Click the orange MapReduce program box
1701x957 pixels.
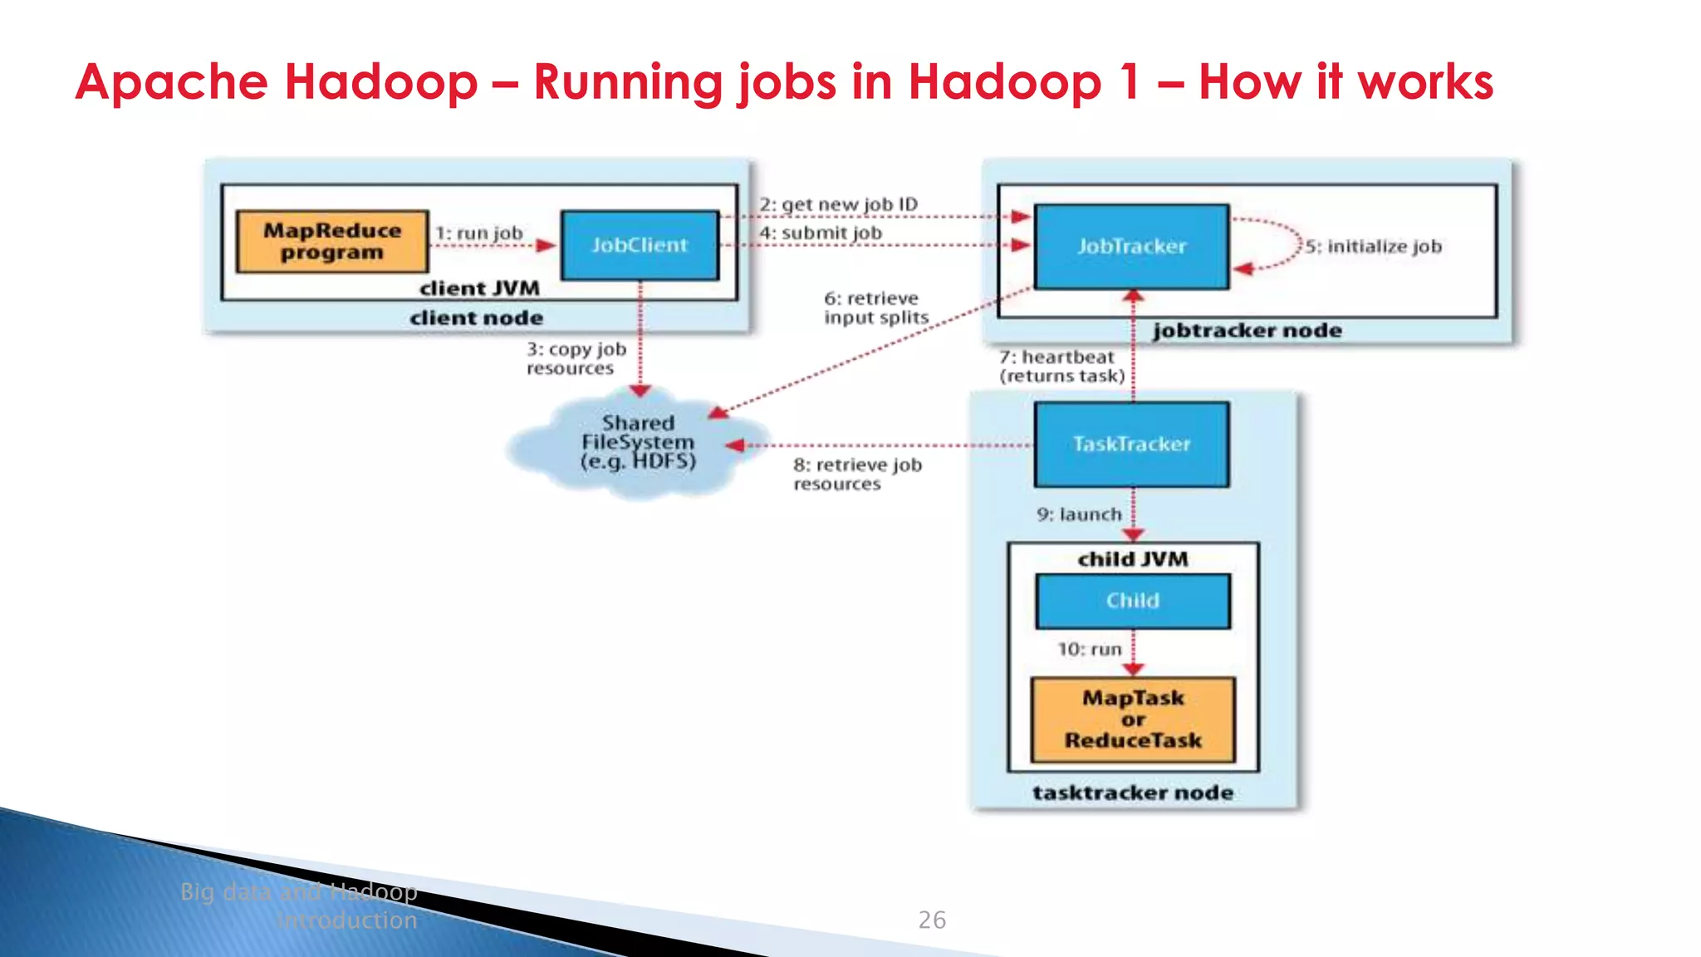332,242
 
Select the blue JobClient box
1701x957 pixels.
640,245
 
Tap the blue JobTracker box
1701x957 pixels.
1131,247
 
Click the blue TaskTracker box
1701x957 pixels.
1131,444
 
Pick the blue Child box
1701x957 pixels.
1132,601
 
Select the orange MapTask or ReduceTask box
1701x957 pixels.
1133,719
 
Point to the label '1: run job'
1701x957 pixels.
479,233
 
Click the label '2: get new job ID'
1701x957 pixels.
838,204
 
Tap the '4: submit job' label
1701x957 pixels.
821,233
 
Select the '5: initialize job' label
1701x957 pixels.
1373,247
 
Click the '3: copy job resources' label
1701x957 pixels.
576,359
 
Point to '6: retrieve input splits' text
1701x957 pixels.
875,308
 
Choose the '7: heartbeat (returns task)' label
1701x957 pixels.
1061,366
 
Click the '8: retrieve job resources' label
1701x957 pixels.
857,474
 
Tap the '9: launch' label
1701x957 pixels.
1078,515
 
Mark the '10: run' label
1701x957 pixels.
1089,649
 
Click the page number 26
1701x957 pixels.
932,920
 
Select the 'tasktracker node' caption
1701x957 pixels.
1132,793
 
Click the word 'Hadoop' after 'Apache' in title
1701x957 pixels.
380,82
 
